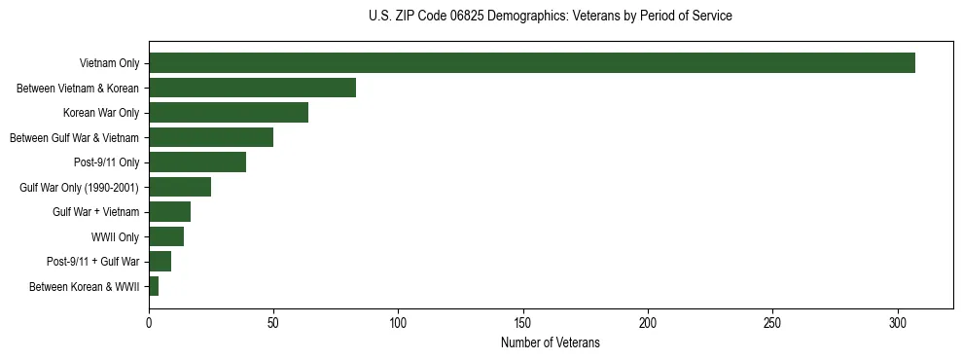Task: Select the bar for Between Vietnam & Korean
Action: [x=252, y=88]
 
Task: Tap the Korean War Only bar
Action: [x=229, y=113]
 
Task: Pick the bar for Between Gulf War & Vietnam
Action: [x=211, y=137]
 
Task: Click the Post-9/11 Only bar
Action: [x=197, y=162]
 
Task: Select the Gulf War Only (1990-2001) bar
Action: [x=180, y=187]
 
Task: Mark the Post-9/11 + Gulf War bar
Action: [x=160, y=262]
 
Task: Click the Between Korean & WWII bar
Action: [x=154, y=286]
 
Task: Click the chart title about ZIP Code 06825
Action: [x=551, y=17]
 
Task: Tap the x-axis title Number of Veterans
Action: [x=550, y=343]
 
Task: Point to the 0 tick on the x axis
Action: [x=149, y=322]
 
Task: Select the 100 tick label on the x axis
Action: [x=398, y=322]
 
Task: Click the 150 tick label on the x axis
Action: [x=523, y=322]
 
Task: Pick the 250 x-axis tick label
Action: [x=772, y=322]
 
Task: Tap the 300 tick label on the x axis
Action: [x=898, y=322]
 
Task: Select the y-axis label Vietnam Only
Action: [x=109, y=64]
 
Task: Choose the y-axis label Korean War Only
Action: [x=101, y=114]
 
